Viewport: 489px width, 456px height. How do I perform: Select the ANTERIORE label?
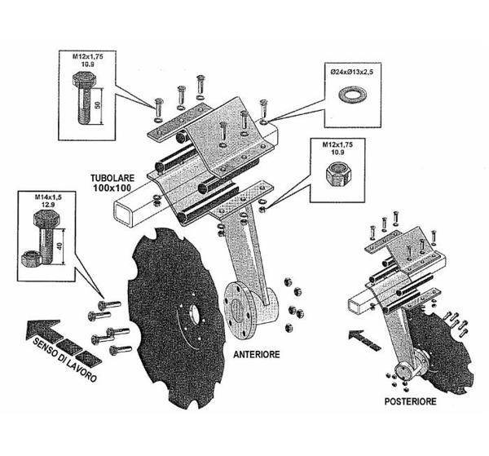[x=258, y=355]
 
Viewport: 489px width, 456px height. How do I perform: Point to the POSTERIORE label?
[x=411, y=401]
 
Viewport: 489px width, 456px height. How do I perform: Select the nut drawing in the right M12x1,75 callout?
[x=336, y=174]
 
